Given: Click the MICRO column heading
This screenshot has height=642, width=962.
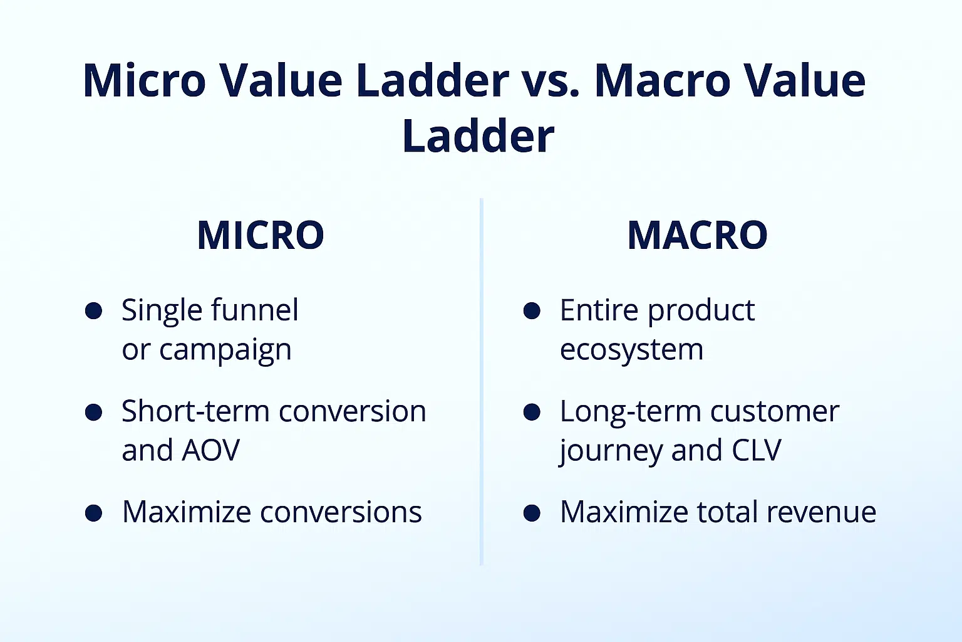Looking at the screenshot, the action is coord(261,234).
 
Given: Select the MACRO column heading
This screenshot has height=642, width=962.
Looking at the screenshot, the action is coord(698,234).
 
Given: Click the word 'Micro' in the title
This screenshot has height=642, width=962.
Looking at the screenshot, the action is coord(144,80).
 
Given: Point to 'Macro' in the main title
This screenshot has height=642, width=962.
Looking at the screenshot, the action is coord(663,80).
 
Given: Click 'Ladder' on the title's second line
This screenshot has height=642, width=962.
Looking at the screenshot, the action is coord(478,135).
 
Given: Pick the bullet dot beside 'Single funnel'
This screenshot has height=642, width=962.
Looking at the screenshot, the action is coord(93,310).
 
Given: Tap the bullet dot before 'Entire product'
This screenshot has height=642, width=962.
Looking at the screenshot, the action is coord(532,310).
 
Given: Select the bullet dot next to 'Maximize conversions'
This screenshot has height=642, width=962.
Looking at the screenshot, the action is coord(93,513).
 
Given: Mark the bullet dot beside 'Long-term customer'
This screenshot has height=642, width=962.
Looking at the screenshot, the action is coord(532,412).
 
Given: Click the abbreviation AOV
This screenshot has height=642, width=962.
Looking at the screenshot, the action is coord(210,450).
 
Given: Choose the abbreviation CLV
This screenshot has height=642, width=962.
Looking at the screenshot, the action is coord(757,450).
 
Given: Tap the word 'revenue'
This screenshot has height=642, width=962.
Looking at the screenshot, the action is coord(821,513).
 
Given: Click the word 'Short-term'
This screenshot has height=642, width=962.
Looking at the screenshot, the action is coord(195,411).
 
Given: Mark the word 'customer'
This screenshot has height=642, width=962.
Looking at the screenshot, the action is coord(775,412).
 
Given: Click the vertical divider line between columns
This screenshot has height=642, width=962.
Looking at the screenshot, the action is coord(482,381).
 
